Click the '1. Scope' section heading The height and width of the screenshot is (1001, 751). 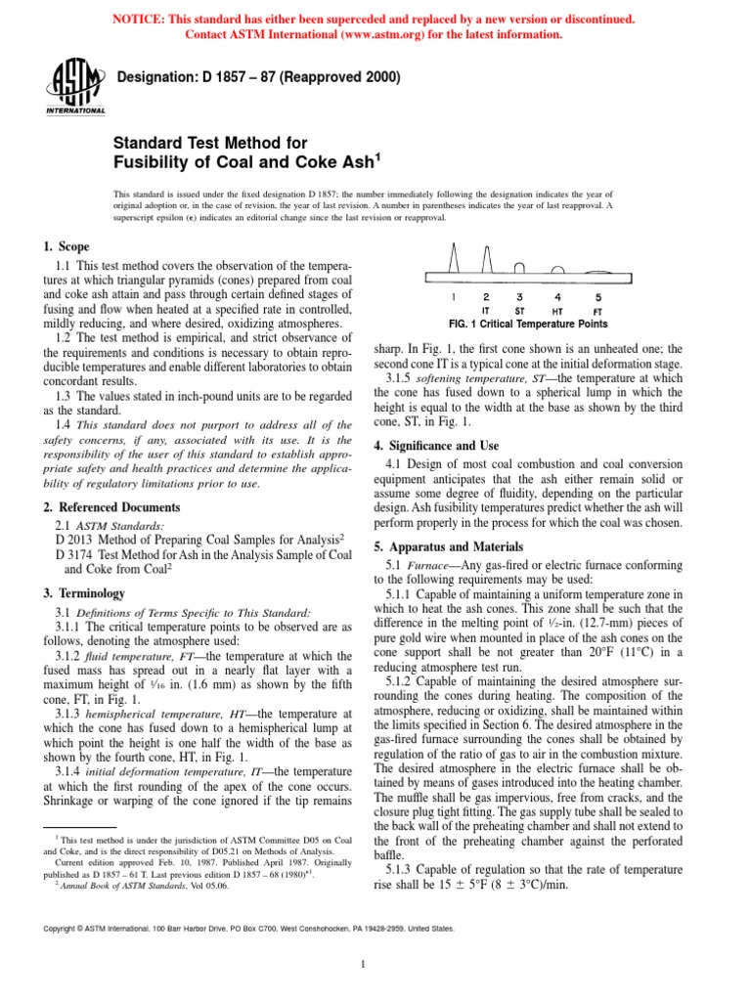(66, 248)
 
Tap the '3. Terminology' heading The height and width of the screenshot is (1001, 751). (83, 592)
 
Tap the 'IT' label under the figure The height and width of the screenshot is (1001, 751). (486, 310)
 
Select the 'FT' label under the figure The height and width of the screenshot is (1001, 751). (598, 310)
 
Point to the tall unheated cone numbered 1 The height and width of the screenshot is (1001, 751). (454, 261)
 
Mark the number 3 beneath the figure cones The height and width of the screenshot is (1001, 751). (519, 296)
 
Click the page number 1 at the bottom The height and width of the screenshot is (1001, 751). (363, 966)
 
